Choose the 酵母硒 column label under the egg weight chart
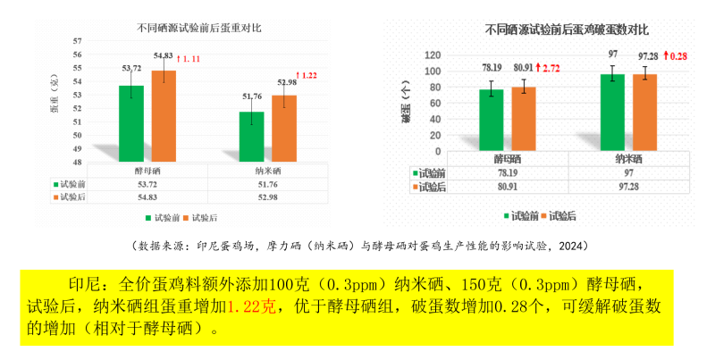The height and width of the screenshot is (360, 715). (x=143, y=171)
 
